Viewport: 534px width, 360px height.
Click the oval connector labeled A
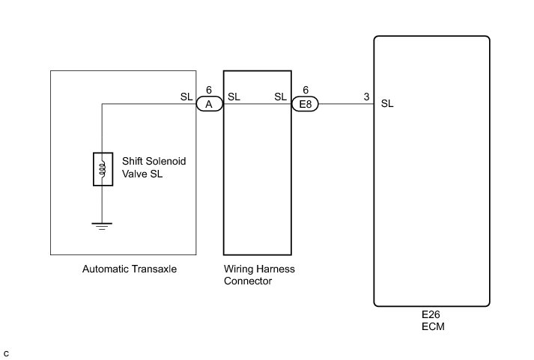click(209, 105)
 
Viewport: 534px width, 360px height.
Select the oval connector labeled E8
click(305, 105)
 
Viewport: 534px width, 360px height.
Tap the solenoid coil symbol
click(103, 170)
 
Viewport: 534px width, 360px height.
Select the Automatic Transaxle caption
click(130, 269)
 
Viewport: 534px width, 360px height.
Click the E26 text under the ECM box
click(431, 316)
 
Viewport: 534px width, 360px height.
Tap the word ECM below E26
click(431, 327)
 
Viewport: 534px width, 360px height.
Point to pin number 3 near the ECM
click(365, 97)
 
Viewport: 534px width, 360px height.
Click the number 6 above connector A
click(209, 91)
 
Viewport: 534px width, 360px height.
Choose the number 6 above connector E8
click(306, 91)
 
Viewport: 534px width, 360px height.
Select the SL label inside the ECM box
click(387, 104)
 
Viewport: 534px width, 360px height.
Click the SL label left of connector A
click(187, 97)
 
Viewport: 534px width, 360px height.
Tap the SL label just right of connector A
click(234, 97)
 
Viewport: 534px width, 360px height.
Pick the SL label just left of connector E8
click(281, 97)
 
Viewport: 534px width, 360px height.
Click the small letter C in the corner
click(6, 353)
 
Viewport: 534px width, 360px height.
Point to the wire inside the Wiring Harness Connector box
click(257, 105)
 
